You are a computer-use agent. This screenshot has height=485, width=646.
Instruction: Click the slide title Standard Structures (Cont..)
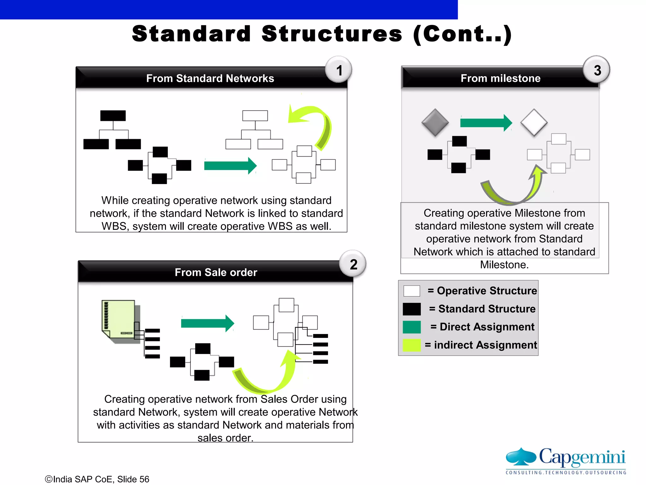tap(322, 34)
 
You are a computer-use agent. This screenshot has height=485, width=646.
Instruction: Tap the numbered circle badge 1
tap(339, 70)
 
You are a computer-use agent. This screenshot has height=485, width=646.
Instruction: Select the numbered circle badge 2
tap(353, 264)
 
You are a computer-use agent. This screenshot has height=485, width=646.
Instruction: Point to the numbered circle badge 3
tap(596, 70)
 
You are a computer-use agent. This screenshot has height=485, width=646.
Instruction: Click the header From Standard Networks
tap(210, 78)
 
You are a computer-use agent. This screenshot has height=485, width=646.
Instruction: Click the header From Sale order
tap(216, 272)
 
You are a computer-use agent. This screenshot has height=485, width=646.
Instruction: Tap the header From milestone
tap(500, 78)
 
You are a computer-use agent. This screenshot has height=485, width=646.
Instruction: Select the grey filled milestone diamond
tap(435, 123)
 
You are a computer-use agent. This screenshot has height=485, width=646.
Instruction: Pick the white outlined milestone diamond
tap(534, 123)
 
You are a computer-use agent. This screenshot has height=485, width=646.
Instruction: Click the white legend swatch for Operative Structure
tap(412, 291)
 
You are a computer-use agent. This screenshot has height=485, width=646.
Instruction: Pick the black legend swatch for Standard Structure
tap(412, 309)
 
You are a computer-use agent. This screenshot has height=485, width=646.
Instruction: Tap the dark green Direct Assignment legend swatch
tap(412, 327)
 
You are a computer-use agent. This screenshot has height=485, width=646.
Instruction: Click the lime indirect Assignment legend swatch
tap(412, 345)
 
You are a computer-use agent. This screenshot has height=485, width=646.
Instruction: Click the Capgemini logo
tap(566, 461)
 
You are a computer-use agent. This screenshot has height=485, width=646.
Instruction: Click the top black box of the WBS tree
tap(113, 116)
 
